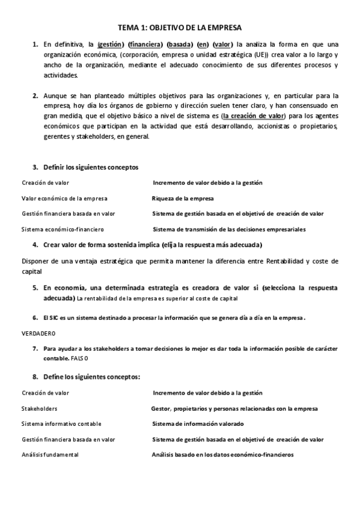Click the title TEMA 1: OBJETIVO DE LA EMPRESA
pos(180,28)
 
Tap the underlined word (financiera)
pos(145,44)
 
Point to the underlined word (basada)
pos(180,44)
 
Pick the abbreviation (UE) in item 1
pos(261,54)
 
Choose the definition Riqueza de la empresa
pos(183,198)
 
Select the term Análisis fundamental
pos(50,455)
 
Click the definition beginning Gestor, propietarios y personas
pos(234,408)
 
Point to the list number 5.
pos(35,287)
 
